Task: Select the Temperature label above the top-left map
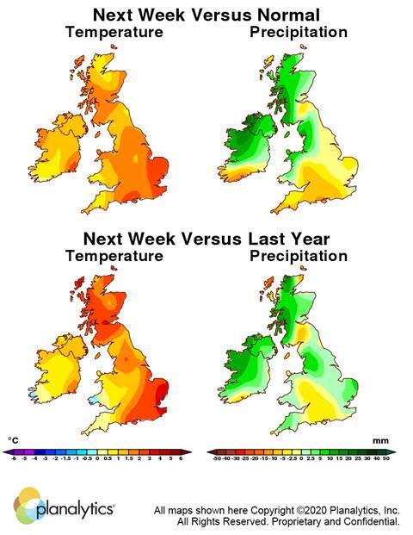point(114,33)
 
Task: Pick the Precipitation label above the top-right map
point(298,33)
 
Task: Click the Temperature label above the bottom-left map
point(114,256)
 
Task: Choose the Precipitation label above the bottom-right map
point(298,256)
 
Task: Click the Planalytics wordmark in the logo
point(76,510)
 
